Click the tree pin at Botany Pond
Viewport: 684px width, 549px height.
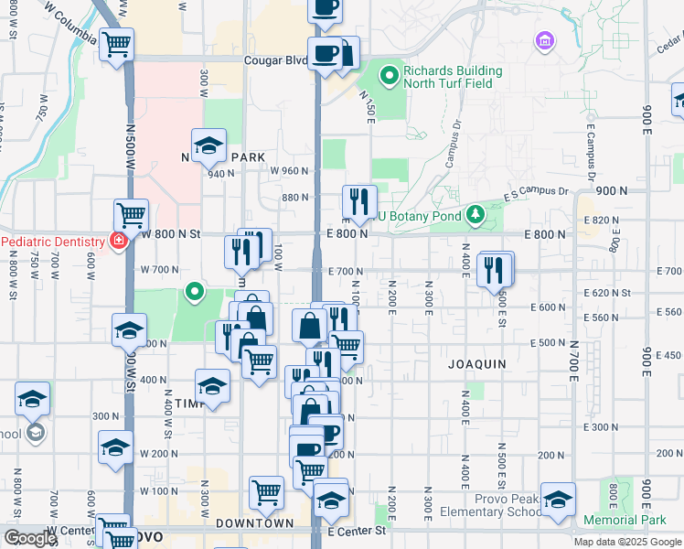(x=475, y=216)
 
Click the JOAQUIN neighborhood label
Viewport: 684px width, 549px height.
(x=476, y=363)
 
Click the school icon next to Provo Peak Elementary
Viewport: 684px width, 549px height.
(x=558, y=500)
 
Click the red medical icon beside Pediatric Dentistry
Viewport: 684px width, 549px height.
(x=117, y=241)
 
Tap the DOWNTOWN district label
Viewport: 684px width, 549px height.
(x=255, y=523)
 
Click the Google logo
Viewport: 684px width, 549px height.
(x=29, y=538)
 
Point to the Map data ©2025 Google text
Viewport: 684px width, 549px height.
(x=627, y=542)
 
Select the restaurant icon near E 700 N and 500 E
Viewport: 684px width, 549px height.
(x=494, y=268)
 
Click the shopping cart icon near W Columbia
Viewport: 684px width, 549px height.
(x=117, y=44)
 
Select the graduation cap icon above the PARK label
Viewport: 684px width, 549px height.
(x=208, y=145)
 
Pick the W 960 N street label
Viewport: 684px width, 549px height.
(x=289, y=170)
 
